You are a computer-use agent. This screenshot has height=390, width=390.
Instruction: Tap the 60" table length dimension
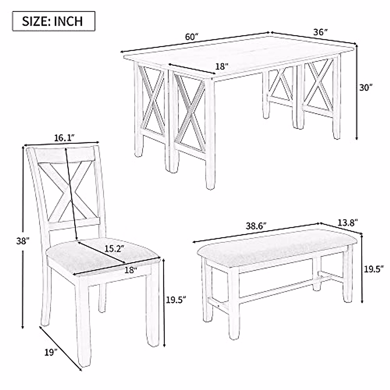coord(192,37)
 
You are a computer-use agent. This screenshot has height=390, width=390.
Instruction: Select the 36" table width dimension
coord(320,32)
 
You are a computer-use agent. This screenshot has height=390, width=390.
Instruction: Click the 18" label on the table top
coord(222,67)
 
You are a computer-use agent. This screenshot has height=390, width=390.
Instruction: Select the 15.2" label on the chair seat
coord(115,249)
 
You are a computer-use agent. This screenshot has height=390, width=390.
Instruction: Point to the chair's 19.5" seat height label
coord(176,300)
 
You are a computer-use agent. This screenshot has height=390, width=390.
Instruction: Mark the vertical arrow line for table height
coord(357,93)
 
